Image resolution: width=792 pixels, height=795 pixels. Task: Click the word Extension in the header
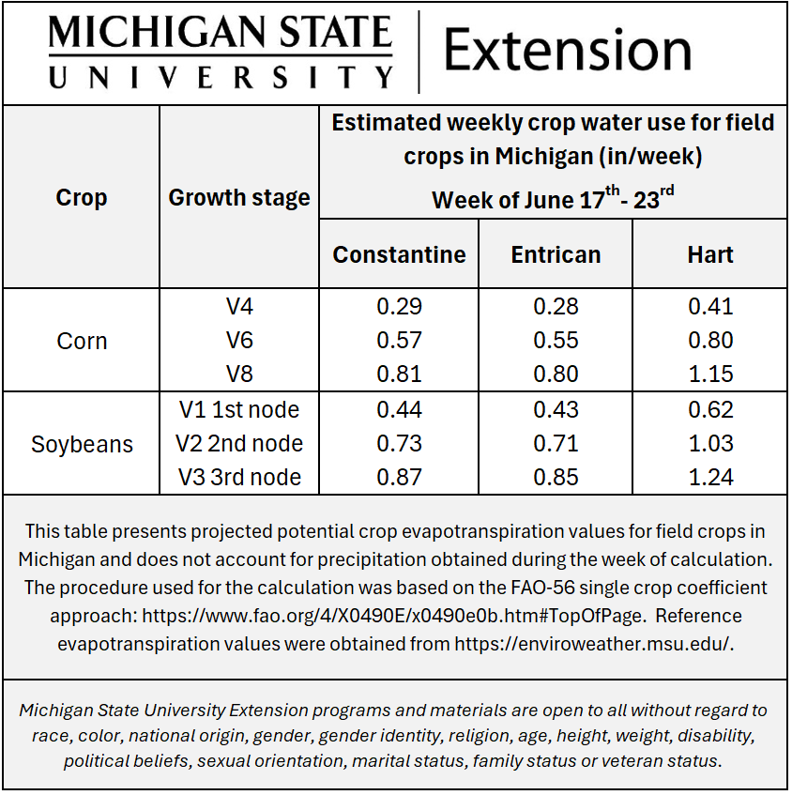coord(567,51)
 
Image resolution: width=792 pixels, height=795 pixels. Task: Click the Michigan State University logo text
coord(221,53)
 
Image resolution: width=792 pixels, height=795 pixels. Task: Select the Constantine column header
coord(399,254)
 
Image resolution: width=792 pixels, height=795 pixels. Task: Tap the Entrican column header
coord(556,254)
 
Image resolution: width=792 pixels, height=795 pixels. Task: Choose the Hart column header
coord(710,254)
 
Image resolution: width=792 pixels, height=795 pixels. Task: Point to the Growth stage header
coord(239,198)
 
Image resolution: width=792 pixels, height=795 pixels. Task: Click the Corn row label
coord(82,341)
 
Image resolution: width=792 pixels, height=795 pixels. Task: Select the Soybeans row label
coord(82,444)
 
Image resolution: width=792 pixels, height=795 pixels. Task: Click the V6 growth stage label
coord(239,340)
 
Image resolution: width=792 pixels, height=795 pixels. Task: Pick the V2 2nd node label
coord(239,443)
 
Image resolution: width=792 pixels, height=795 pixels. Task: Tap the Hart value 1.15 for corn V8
coord(710,374)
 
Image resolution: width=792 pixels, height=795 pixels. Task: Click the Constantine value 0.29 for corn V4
coord(399,306)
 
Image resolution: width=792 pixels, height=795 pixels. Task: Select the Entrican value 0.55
coord(556,340)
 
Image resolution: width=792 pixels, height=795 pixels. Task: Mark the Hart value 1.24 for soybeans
coord(710,477)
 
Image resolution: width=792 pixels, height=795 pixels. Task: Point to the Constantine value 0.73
coord(399,443)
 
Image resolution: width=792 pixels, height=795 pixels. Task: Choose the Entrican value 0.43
coord(556,409)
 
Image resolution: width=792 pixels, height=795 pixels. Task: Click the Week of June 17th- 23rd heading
coord(553,199)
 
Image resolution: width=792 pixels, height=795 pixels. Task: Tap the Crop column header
coord(82,198)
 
